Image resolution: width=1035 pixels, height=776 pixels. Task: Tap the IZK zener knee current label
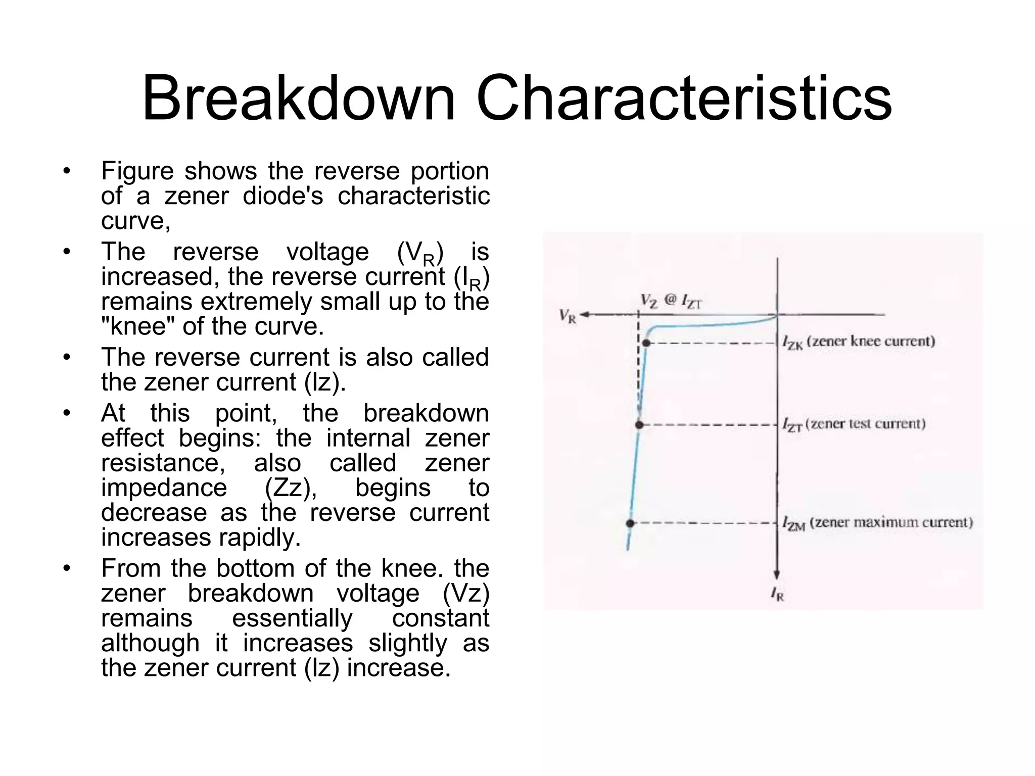pos(858,342)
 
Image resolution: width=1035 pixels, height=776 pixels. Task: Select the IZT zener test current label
pos(854,424)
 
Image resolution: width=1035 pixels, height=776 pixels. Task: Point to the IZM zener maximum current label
pos(877,523)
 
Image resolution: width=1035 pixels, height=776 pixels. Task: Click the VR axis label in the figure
pos(568,317)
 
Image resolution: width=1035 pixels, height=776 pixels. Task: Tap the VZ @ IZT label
pos(671,301)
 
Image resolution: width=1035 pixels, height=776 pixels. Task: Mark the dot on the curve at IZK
pos(646,344)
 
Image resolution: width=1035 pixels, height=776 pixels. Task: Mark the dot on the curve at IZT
pos(639,425)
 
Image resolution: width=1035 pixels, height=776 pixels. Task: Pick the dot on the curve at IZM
pos(630,523)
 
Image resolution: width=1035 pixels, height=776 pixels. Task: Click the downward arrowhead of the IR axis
pos(777,574)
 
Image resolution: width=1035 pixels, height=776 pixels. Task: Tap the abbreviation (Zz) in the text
pos(291,488)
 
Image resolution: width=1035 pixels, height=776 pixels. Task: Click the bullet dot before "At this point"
pos(67,414)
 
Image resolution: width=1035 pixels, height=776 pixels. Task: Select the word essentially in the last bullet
pos(292,618)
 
